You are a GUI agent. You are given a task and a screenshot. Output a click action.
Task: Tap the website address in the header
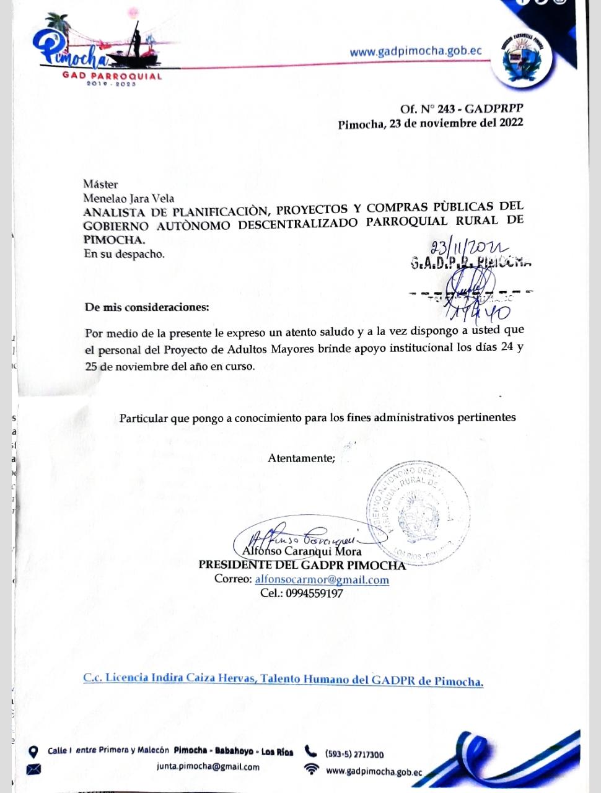click(x=415, y=51)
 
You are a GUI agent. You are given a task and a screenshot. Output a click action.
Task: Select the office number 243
click(x=445, y=109)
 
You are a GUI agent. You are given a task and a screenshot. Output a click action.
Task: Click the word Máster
click(x=100, y=184)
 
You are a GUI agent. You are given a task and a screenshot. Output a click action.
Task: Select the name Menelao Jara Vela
click(x=129, y=198)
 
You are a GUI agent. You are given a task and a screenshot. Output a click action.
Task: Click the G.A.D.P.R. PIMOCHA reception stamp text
click(x=470, y=262)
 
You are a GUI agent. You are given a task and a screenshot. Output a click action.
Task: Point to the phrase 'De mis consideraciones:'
click(x=147, y=307)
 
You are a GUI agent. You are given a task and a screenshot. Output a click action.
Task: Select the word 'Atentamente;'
click(x=301, y=458)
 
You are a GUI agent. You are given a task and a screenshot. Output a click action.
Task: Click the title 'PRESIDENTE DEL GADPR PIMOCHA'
click(x=302, y=565)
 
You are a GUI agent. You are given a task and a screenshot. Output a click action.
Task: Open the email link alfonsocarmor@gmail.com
click(x=322, y=580)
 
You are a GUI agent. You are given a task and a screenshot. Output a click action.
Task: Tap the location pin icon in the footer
click(x=34, y=752)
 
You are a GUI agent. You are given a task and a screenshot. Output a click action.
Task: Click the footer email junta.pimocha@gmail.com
click(x=208, y=767)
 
